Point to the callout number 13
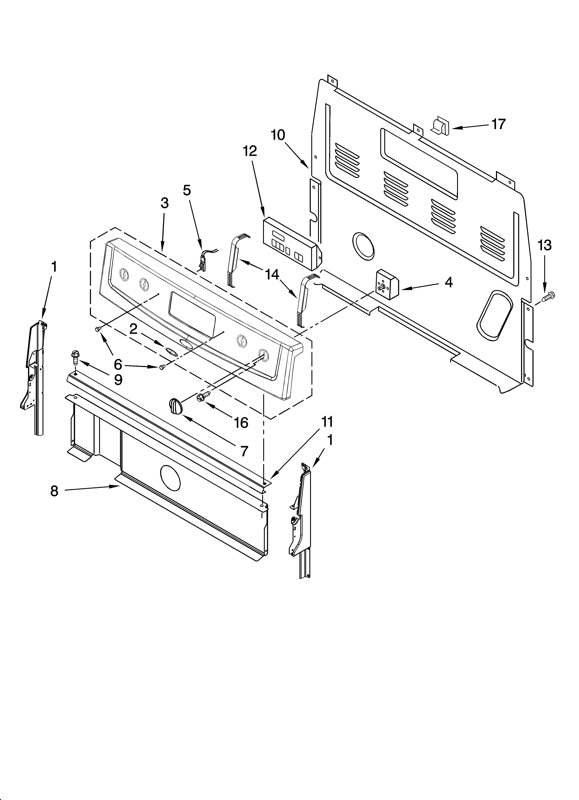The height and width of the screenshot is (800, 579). click(x=544, y=245)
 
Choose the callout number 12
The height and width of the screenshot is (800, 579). click(x=250, y=151)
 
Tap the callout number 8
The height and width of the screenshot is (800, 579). click(x=54, y=491)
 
